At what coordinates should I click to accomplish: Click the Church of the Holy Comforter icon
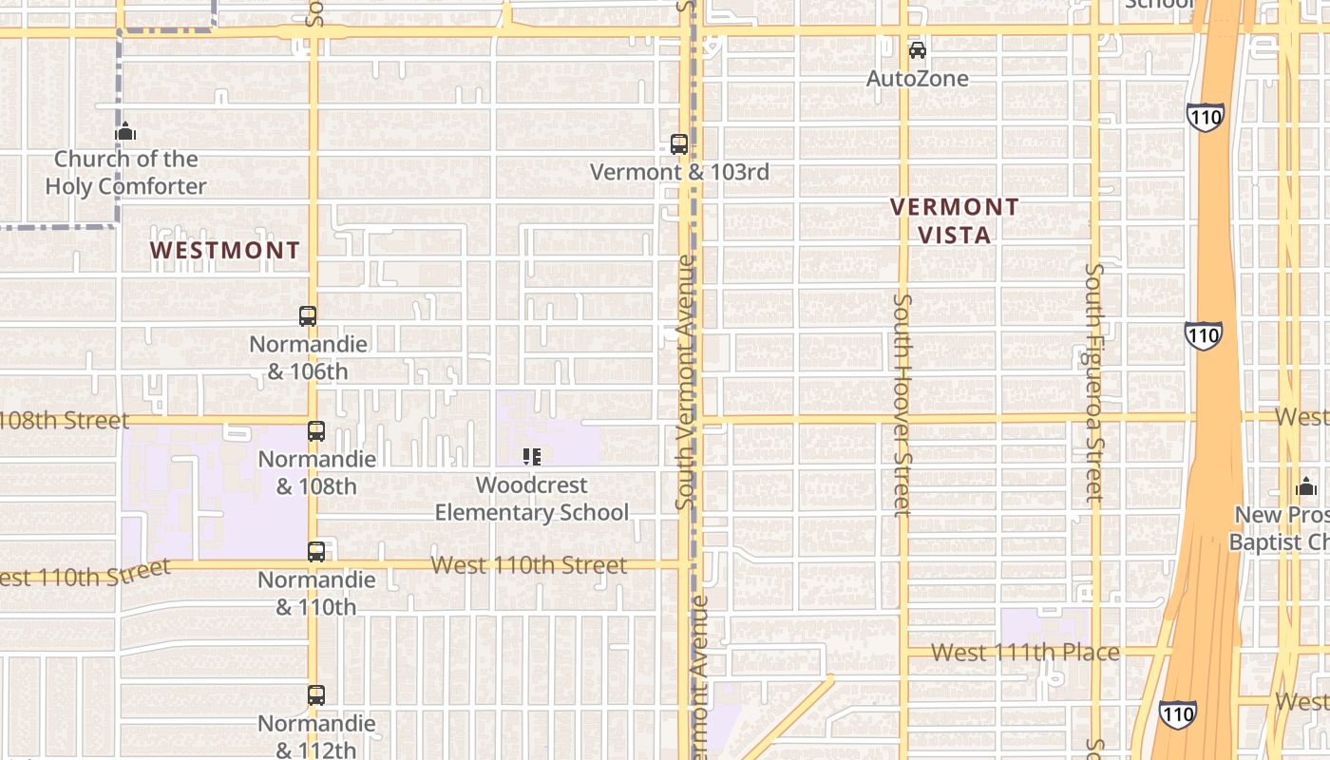(x=125, y=132)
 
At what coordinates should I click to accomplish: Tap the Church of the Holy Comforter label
(x=125, y=173)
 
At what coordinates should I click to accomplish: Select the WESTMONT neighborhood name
(x=225, y=251)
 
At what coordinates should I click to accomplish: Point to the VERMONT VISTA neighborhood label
(x=955, y=220)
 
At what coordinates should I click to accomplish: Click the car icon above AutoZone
(x=917, y=50)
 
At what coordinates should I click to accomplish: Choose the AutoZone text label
(x=917, y=79)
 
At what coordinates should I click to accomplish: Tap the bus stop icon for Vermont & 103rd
(x=679, y=144)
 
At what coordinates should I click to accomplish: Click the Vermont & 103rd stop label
(x=679, y=173)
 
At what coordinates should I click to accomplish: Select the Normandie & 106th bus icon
(x=308, y=316)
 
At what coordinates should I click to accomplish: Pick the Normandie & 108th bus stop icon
(x=316, y=431)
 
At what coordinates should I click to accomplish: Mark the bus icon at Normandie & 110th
(x=316, y=551)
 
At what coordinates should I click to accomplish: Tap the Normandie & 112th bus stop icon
(x=316, y=695)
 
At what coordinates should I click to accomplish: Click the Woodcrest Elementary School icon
(x=532, y=457)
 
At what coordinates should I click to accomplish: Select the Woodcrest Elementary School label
(x=532, y=499)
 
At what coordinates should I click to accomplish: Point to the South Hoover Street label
(x=902, y=406)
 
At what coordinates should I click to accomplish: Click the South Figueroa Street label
(x=1094, y=382)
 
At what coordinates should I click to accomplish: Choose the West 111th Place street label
(x=1025, y=653)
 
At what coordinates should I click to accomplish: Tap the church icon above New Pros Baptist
(x=1306, y=488)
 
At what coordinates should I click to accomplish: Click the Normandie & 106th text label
(x=308, y=357)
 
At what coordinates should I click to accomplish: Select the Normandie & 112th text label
(x=316, y=736)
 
